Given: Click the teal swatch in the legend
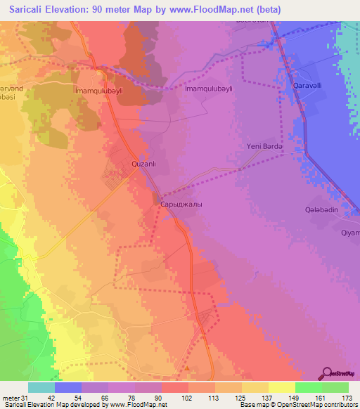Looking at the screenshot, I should (x=41, y=387).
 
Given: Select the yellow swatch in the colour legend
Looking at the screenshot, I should (x=282, y=387).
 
